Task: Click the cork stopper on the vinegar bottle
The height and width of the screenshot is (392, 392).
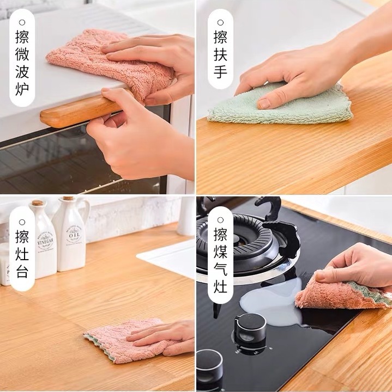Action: coord(37,203)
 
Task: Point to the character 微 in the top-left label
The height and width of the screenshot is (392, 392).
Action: coord(22,54)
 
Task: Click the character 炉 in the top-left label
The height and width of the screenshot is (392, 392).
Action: coord(22,88)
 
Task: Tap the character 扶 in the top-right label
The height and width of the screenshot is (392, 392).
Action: coord(220,54)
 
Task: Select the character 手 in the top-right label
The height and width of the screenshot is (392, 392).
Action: coord(220,71)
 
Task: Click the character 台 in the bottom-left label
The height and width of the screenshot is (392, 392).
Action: coord(22,271)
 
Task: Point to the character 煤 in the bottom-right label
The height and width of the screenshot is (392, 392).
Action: coord(220,252)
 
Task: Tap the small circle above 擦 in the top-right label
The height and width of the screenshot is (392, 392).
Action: coord(220,22)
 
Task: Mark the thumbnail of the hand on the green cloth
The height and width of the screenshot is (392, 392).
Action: coord(263,103)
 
